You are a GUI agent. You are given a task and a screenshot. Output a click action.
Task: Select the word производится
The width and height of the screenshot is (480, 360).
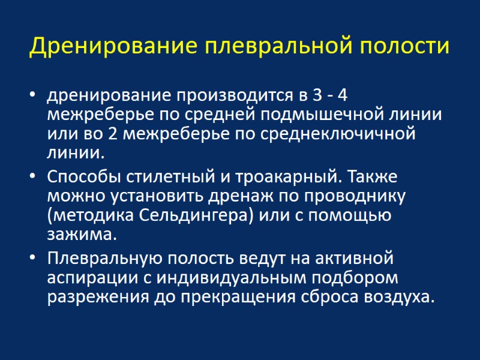223,95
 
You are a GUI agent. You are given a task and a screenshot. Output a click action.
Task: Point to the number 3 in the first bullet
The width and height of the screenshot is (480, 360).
317,95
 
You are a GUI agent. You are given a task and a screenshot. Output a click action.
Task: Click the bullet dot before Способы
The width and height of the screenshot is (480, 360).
32,178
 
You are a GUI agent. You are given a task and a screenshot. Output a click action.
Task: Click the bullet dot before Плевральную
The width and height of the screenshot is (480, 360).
32,259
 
